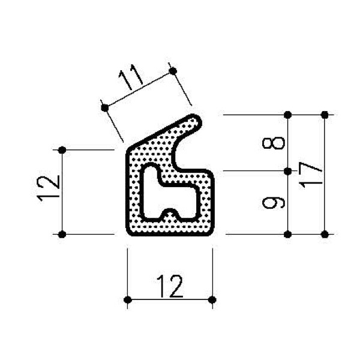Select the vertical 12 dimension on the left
coord(49,188)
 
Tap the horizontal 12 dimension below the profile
coord(170,286)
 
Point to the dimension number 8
coord(274,143)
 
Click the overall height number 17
coord(310,175)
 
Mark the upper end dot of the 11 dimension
coord(173,70)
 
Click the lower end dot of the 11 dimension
coord(105,107)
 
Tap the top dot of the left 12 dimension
coord(62,150)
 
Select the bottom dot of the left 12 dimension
coord(62,235)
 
